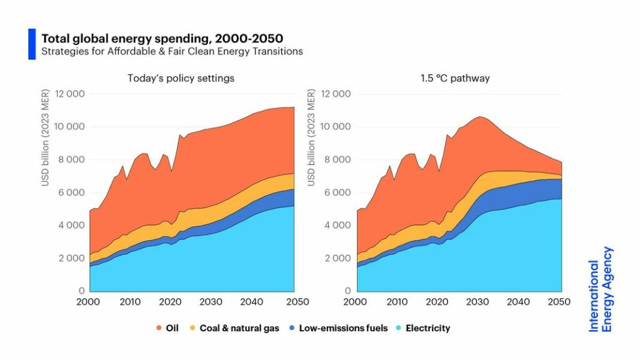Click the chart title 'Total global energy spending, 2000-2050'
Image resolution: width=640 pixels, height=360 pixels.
(x=162, y=39)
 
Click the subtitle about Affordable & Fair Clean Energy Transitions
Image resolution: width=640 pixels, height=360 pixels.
(x=172, y=51)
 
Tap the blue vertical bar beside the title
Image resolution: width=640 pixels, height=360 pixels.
(x=32, y=44)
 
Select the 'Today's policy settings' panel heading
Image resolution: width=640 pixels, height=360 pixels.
(x=181, y=79)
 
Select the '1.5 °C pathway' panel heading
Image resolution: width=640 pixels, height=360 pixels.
(x=456, y=79)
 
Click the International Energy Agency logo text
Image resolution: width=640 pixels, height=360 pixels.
(x=601, y=289)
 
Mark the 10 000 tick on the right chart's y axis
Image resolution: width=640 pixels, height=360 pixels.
(x=336, y=127)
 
